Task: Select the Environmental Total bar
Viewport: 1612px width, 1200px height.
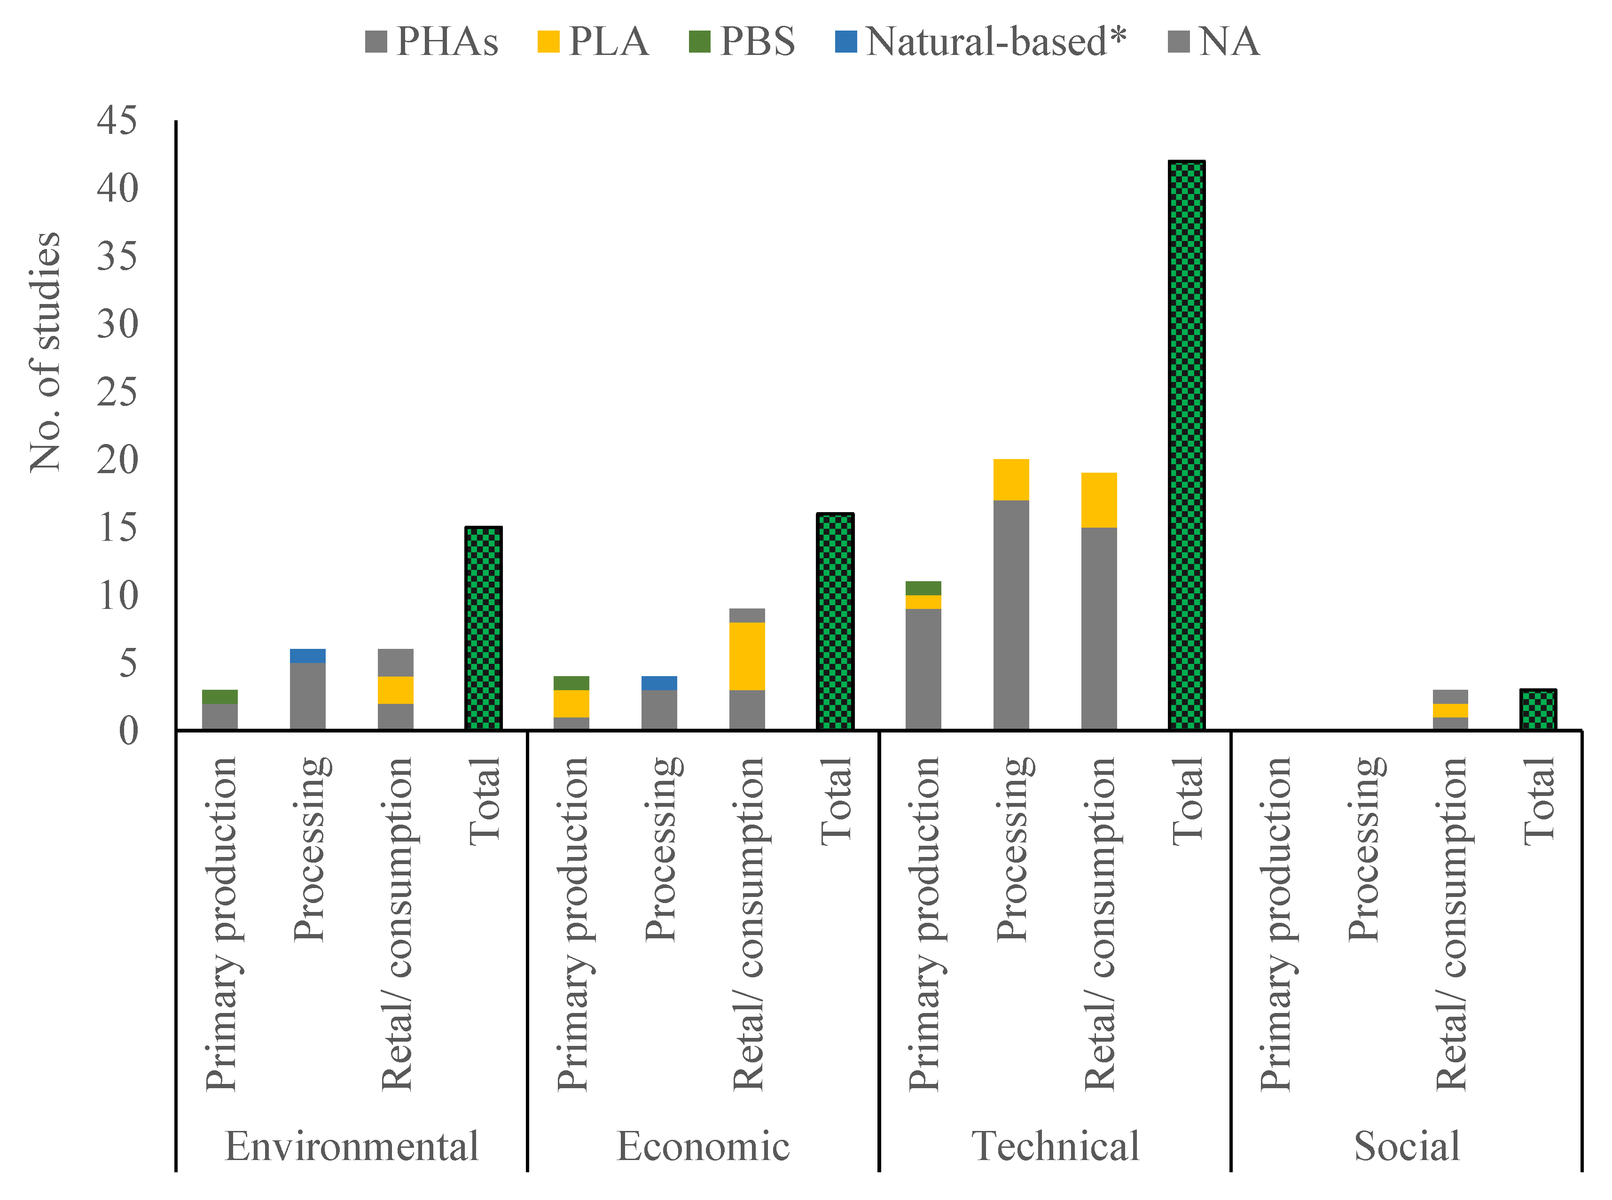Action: (483, 628)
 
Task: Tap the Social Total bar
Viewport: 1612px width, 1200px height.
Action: (1537, 709)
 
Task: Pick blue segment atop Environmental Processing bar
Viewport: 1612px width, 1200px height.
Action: (307, 655)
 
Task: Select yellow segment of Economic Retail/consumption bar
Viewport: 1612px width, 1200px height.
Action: (747, 656)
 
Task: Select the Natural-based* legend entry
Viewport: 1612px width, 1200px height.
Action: (981, 41)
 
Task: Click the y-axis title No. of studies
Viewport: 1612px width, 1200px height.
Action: (45, 352)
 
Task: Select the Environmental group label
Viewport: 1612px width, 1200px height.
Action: (352, 1146)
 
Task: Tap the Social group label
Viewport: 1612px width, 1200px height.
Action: (1407, 1146)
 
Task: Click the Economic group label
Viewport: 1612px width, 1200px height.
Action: (703, 1146)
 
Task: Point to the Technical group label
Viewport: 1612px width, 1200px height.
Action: (1055, 1146)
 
